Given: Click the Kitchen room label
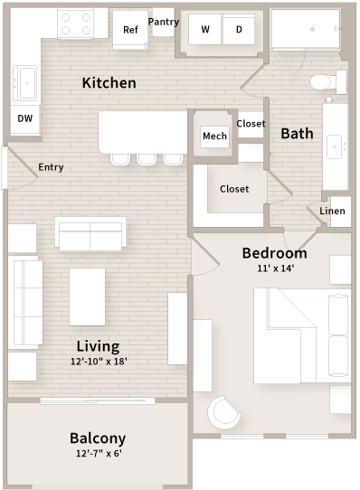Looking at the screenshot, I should [109, 83].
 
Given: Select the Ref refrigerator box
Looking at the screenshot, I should [130, 30].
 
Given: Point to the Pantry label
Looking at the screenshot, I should [164, 22].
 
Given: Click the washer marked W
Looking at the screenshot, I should [205, 30].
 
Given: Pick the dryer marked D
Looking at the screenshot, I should [240, 30].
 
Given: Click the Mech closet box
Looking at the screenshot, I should [214, 137].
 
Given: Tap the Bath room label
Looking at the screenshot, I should [297, 133].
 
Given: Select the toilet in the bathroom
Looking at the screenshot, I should [323, 81].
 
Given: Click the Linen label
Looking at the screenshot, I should [332, 212].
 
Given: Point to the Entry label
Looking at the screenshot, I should [51, 167].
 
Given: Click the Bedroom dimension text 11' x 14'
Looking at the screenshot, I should [275, 269].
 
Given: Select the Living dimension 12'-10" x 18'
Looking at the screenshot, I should [98, 362].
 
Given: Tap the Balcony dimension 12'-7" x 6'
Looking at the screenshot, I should [98, 454].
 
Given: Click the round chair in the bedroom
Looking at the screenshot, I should [226, 414].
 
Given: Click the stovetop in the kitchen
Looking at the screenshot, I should [75, 24].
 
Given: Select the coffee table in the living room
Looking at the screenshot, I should [87, 297].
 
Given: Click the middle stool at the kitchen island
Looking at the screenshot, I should [146, 159].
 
